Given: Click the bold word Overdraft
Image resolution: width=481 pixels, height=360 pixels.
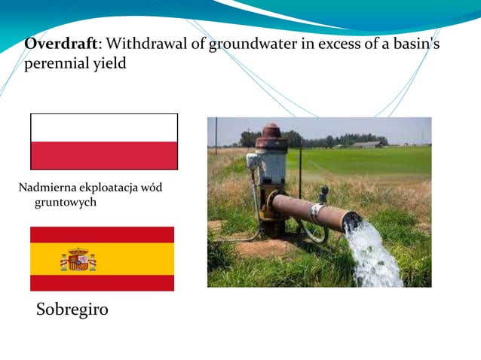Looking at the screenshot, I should tap(62, 44).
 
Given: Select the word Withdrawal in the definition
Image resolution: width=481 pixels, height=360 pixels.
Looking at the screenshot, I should tap(142, 44).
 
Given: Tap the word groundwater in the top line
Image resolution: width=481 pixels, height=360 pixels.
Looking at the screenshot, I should tap(246, 44).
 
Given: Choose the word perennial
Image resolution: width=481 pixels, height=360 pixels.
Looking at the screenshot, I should tap(57, 64).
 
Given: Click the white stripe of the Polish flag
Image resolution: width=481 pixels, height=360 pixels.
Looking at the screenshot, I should tap(104, 127).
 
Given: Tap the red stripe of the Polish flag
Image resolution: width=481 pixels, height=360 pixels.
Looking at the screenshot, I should tap(104, 155).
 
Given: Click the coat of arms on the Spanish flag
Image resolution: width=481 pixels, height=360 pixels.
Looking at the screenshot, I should tap(78, 259).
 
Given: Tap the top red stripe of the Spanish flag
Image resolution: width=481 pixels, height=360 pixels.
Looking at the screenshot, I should tap(102, 234).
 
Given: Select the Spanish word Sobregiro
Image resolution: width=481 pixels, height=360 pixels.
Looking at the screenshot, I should tap(72, 310).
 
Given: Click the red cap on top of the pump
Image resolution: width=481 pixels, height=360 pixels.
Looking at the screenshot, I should tap(271, 132).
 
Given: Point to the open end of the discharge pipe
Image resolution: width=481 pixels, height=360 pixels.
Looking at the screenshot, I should tap(352, 220).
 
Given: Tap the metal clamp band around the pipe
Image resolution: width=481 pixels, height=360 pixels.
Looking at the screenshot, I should tap(317, 212).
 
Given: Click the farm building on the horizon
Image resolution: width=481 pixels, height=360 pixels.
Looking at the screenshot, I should tap(367, 144).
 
